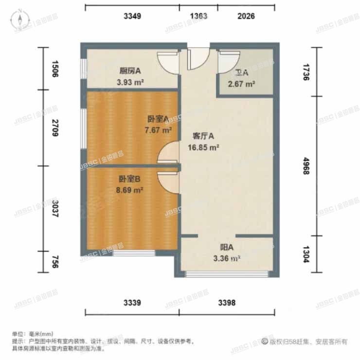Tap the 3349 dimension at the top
[132, 16]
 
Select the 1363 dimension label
[198, 16]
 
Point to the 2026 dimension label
[246, 16]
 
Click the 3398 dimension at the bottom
[227, 303]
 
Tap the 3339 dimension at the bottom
[132, 303]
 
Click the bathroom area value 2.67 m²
[242, 84]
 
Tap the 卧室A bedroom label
[158, 118]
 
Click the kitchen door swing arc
[168, 64]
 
